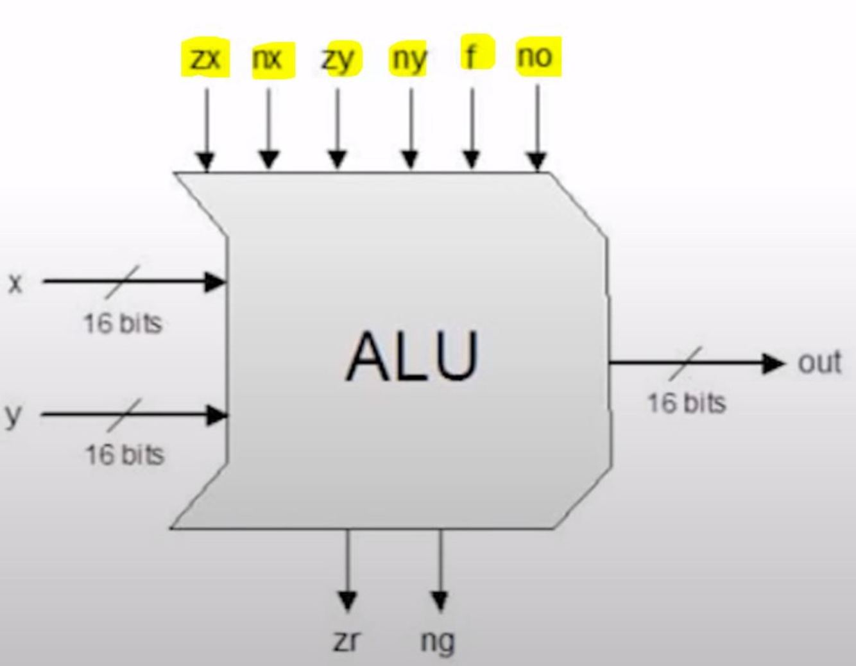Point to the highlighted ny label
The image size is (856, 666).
point(409,60)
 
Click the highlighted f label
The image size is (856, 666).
point(472,56)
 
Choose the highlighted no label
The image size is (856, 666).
point(535,57)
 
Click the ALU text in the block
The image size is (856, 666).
point(412,357)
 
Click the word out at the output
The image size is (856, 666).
point(819,363)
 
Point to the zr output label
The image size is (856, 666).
point(347,640)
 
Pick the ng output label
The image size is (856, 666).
point(438,641)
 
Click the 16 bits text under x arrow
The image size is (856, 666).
point(123,323)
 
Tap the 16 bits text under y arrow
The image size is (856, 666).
point(125,455)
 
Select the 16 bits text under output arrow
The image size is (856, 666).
point(686,403)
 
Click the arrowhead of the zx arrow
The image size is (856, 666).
point(205,161)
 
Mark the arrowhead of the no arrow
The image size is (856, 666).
point(537,161)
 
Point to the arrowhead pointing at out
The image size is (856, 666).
point(773,363)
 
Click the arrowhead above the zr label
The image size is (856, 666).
point(347,601)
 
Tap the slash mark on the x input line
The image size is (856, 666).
point(123,281)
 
